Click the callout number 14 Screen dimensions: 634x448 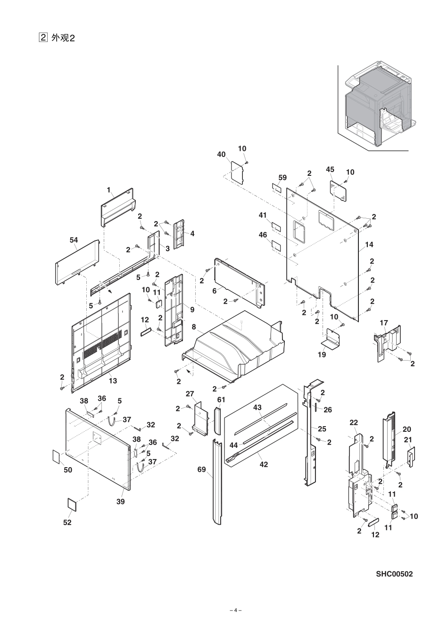point(369,245)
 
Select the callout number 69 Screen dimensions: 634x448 point(202,469)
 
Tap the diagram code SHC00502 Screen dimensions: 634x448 point(394,574)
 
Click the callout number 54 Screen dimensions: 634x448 point(74,240)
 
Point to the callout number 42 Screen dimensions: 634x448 point(264,464)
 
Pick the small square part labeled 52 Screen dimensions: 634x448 point(71,503)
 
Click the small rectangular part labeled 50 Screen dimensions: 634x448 point(56,456)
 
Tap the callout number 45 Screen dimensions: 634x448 point(330,169)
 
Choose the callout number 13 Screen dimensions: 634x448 point(113,380)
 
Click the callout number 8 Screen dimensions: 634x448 point(194,326)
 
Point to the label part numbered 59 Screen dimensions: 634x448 point(276,187)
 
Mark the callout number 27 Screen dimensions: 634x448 point(190,394)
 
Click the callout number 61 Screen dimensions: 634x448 point(221,399)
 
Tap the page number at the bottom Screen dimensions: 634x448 point(235,610)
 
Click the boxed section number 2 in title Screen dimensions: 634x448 point(43,37)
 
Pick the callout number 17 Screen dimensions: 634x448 point(384,323)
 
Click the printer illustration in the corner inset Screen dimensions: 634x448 point(377,106)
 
